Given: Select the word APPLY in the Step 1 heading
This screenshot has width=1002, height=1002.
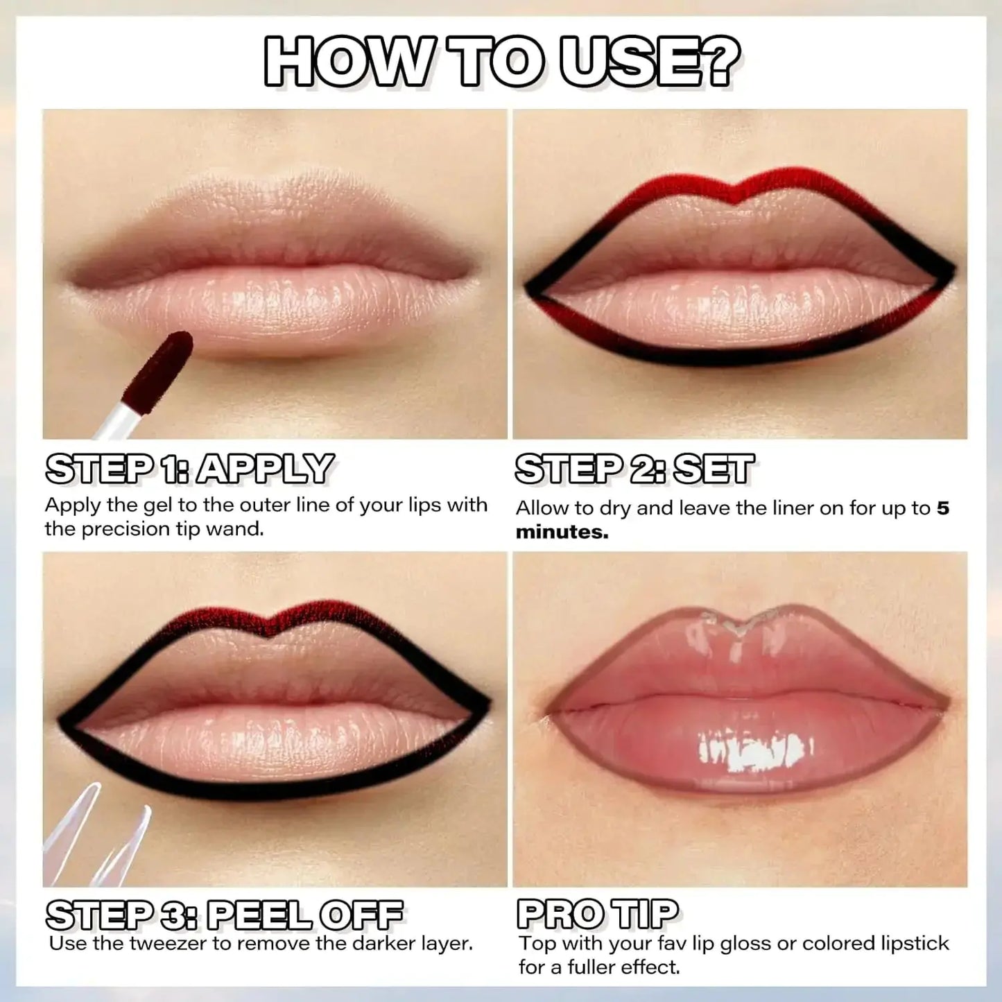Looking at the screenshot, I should tap(265, 469).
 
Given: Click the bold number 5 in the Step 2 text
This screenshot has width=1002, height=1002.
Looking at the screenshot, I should tap(942, 508).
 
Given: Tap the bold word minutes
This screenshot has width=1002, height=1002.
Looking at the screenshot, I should tap(562, 532).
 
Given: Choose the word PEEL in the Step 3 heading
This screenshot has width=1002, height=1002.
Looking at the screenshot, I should tap(259, 915).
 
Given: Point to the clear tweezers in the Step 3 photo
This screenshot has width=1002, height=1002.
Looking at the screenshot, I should tap(97, 839).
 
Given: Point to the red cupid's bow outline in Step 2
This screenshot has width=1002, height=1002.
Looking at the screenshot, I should tap(737, 182).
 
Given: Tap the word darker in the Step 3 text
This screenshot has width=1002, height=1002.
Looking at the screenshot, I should tap(381, 944).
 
